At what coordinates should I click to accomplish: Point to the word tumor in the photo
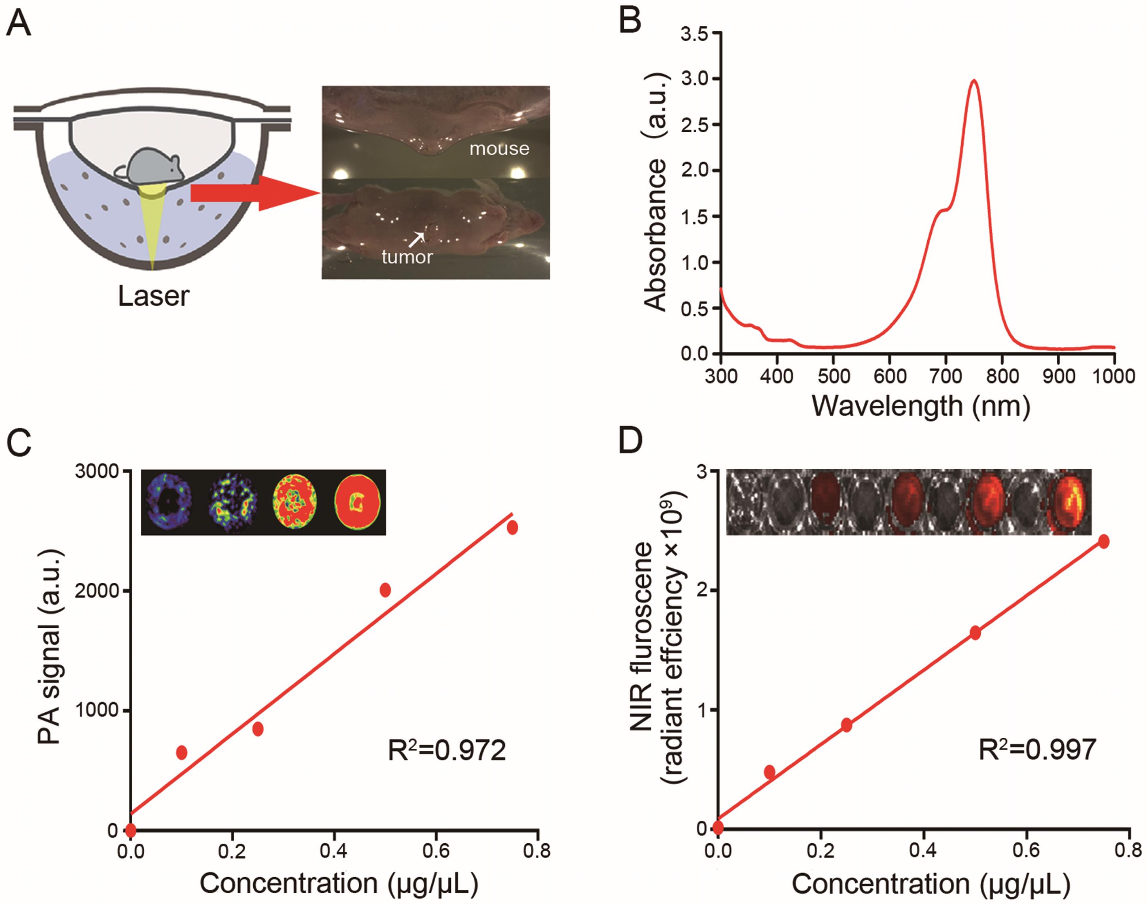(407, 257)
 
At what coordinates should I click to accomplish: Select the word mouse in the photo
(499, 149)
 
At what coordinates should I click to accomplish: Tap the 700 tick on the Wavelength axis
(946, 376)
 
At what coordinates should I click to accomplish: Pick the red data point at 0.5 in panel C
(385, 590)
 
